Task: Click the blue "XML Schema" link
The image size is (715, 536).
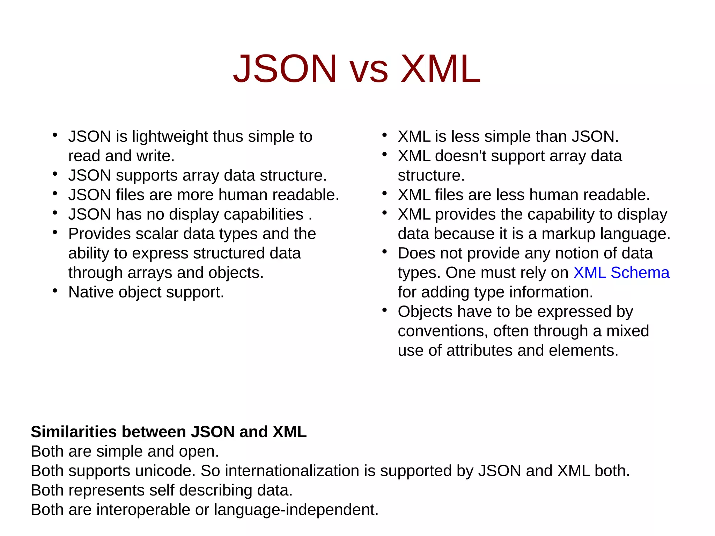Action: [x=621, y=273]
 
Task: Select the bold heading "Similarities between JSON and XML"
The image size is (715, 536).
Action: [x=169, y=432]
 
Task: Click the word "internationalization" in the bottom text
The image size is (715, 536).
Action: [x=292, y=471]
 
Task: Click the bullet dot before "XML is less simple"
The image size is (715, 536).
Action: [x=385, y=135]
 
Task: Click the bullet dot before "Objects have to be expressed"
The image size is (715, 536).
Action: [x=385, y=310]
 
